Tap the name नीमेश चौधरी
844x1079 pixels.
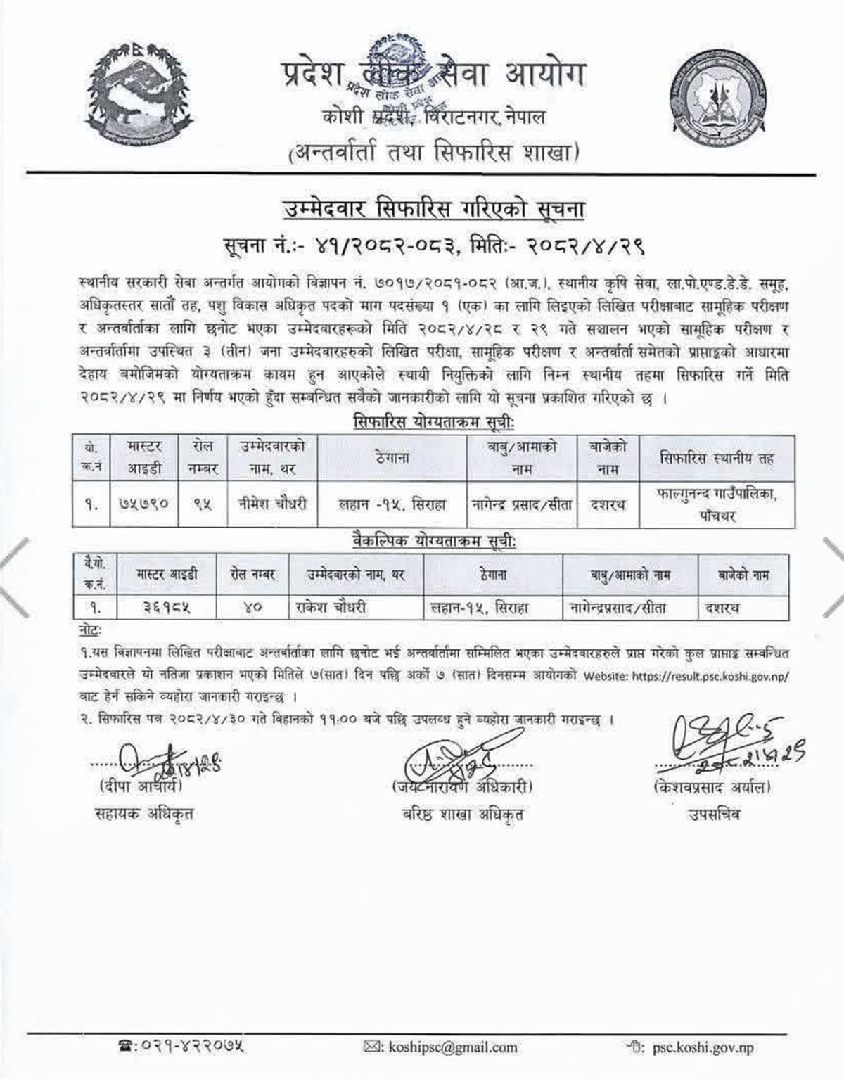click(x=272, y=504)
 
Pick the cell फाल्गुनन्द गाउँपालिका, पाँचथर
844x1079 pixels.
click(x=717, y=504)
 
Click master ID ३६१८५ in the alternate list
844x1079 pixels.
click(x=167, y=607)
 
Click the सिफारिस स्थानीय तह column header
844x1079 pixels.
click(x=717, y=458)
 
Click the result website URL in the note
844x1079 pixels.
click(x=710, y=676)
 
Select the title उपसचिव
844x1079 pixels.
click(x=713, y=815)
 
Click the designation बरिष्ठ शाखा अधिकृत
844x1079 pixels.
click(x=463, y=815)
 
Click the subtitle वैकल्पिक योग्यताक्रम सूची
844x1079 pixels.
click(x=433, y=542)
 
